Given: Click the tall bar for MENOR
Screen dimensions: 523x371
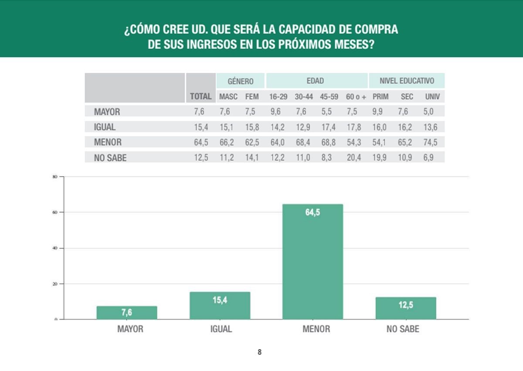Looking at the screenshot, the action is pyautogui.click(x=312, y=262).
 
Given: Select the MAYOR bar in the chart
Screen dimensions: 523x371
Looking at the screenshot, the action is pyautogui.click(x=127, y=313).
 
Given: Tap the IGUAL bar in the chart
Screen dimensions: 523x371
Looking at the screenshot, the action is pyautogui.click(x=220, y=306).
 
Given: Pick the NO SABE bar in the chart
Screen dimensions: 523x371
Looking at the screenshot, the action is pyautogui.click(x=406, y=308).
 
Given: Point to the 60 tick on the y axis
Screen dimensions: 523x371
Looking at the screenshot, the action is pyautogui.click(x=55, y=212).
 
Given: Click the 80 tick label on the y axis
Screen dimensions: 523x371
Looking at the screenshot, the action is pyautogui.click(x=55, y=177).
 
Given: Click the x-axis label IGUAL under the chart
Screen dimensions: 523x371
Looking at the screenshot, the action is pyautogui.click(x=221, y=329).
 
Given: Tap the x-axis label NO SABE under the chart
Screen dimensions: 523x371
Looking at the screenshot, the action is pyautogui.click(x=403, y=329).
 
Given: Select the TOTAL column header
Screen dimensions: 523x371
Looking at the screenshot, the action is pyautogui.click(x=200, y=96).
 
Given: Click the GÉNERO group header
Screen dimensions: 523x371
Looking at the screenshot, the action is pyautogui.click(x=241, y=81).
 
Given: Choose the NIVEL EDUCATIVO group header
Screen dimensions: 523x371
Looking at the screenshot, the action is pyautogui.click(x=407, y=81).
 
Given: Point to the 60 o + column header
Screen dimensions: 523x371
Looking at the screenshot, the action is pyautogui.click(x=356, y=97).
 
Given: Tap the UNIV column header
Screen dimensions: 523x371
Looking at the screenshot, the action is pyautogui.click(x=432, y=97).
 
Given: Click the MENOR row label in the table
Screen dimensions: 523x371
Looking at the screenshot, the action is pyautogui.click(x=108, y=142).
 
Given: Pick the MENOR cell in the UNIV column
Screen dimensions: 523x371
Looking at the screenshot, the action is pyautogui.click(x=430, y=142).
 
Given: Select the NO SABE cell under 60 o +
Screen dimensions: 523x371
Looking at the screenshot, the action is pyautogui.click(x=354, y=158).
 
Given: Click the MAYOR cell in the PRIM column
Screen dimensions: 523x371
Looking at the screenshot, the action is pyautogui.click(x=377, y=111).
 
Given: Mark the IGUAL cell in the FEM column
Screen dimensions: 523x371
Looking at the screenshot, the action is pyautogui.click(x=252, y=127).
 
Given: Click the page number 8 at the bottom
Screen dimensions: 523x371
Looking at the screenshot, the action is pyautogui.click(x=260, y=352).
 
